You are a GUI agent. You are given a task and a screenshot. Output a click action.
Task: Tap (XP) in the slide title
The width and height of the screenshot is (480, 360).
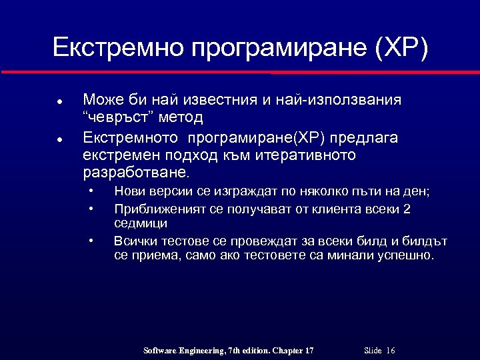point(402,47)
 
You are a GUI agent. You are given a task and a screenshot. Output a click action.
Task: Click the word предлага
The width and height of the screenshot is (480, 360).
point(365,138)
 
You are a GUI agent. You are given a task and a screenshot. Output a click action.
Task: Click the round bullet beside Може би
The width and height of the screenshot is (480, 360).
point(59,102)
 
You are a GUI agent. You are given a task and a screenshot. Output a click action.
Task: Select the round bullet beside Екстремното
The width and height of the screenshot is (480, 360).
point(59,140)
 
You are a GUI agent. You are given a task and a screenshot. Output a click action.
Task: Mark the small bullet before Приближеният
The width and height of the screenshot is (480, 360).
point(91,209)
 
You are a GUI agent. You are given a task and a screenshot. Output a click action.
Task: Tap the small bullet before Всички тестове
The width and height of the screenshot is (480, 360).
point(91,240)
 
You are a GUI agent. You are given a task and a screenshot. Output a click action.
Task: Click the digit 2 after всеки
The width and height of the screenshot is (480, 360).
point(407,209)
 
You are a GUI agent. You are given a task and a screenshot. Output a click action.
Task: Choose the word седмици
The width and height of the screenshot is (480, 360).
point(141,224)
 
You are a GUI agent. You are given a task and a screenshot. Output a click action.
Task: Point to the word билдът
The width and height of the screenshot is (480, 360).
point(426,240)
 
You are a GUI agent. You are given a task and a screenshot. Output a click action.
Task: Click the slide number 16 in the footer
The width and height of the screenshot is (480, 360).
point(391,351)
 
